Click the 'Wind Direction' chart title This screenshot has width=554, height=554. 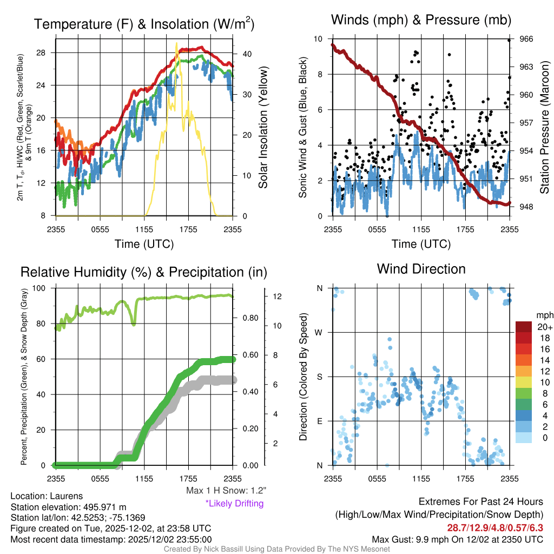(x=421, y=269)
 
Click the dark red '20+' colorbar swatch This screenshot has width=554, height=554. (x=524, y=327)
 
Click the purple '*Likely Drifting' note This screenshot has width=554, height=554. (x=234, y=503)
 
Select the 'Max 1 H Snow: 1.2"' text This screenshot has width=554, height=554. (x=226, y=491)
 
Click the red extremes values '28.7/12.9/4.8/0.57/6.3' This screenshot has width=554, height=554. (x=495, y=527)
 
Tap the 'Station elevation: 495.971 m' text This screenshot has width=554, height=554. (x=68, y=507)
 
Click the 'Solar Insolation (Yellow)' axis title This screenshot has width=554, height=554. (x=263, y=128)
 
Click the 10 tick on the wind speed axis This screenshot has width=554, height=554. (x=320, y=39)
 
